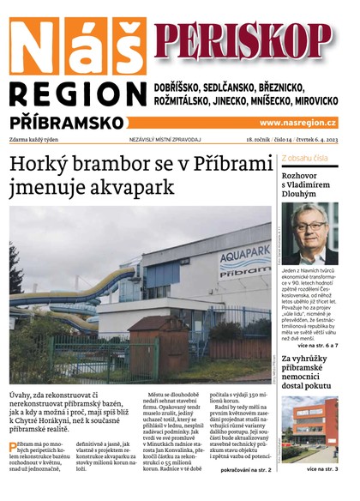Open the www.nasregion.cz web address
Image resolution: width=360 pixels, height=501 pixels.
click(x=297, y=123)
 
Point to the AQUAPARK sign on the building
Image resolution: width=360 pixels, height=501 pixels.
click(x=244, y=257)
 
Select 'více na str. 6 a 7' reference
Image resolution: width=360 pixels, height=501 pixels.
click(x=321, y=345)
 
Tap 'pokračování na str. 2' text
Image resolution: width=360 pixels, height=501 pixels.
click(x=246, y=470)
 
